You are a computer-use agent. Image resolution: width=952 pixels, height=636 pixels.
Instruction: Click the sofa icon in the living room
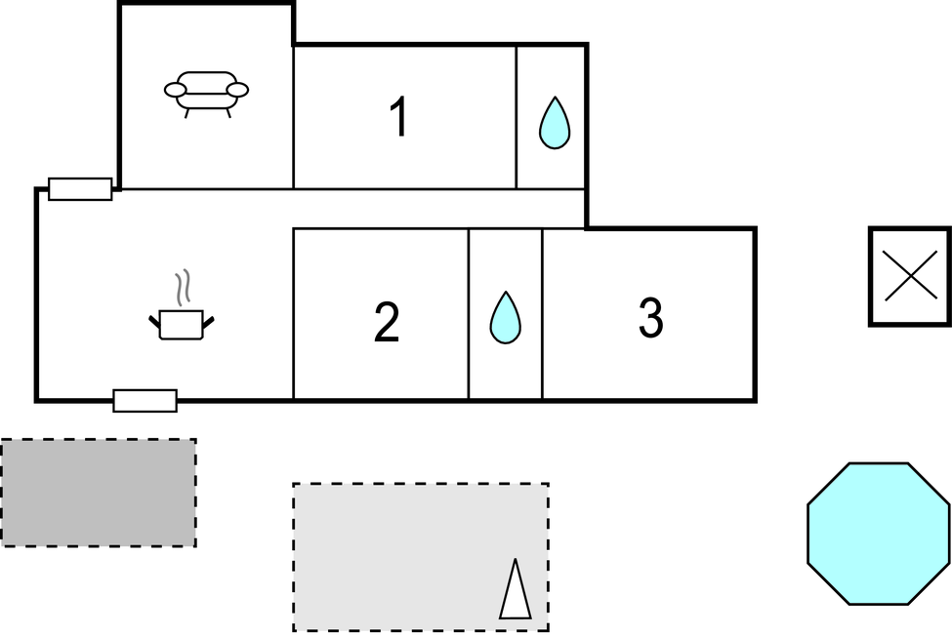click(206, 93)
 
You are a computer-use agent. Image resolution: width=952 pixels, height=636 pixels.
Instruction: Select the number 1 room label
click(397, 118)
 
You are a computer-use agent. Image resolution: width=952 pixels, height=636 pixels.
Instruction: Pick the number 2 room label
click(387, 323)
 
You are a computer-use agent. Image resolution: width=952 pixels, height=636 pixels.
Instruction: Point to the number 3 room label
click(650, 318)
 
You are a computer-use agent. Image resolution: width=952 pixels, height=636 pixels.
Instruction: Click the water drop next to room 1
click(555, 123)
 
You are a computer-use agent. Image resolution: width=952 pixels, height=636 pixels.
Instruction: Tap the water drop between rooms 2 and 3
click(505, 318)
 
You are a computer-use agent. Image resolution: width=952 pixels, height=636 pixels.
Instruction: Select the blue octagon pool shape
click(879, 534)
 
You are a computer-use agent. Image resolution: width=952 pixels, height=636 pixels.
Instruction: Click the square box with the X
click(909, 276)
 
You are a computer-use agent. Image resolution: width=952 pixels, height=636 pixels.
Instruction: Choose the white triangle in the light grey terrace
click(515, 590)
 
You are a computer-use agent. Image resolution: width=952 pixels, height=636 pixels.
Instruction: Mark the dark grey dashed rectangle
click(98, 493)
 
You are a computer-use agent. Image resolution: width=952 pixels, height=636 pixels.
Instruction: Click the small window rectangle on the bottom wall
click(145, 400)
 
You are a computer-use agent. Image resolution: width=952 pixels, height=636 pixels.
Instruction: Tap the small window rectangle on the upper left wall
click(80, 189)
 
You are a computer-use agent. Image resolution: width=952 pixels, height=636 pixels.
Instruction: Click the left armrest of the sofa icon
click(176, 90)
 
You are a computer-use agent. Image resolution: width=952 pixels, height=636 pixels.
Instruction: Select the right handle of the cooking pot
click(208, 319)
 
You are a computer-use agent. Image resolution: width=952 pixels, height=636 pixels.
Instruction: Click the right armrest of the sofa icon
click(237, 90)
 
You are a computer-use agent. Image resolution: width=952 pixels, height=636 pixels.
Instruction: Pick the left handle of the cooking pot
click(154, 319)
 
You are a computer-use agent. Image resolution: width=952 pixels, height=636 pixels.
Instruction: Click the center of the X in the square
click(909, 276)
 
